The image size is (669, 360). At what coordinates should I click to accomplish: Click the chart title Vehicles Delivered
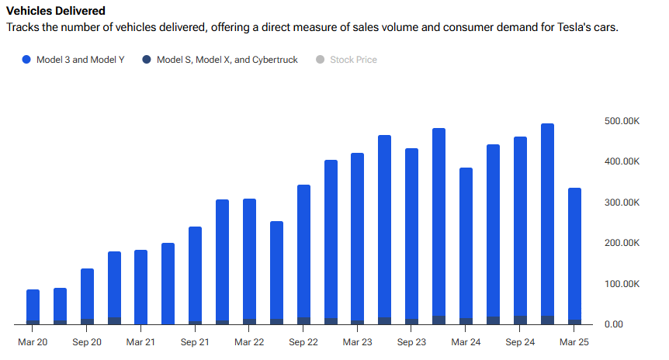[56, 12]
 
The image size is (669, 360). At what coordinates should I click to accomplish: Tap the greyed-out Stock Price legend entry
[353, 60]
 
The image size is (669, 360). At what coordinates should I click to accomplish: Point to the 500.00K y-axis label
[621, 121]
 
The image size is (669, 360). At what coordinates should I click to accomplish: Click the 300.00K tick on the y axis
[621, 202]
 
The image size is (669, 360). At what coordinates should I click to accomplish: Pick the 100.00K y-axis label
[621, 284]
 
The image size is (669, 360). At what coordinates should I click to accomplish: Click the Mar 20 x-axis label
[33, 341]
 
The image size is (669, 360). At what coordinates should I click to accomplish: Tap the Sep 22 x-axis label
[303, 341]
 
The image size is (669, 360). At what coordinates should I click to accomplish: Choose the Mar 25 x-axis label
[574, 341]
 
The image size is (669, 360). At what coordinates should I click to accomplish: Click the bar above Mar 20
[33, 306]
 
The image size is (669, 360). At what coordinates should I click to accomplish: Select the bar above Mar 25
[574, 256]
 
